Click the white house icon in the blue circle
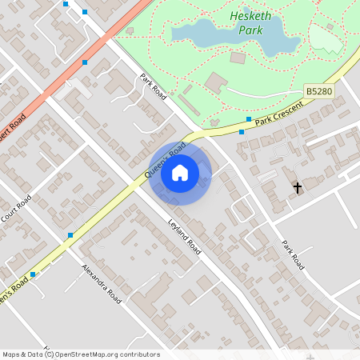[x=180, y=173]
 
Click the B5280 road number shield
[x=318, y=93]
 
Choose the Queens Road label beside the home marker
[x=165, y=160]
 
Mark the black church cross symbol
[x=298, y=188]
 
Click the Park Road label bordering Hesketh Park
[x=152, y=86]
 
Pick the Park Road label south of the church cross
[x=294, y=255]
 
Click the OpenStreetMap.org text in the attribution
[x=98, y=354]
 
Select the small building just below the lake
[x=238, y=58]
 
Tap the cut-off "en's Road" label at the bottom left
[x=14, y=287]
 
